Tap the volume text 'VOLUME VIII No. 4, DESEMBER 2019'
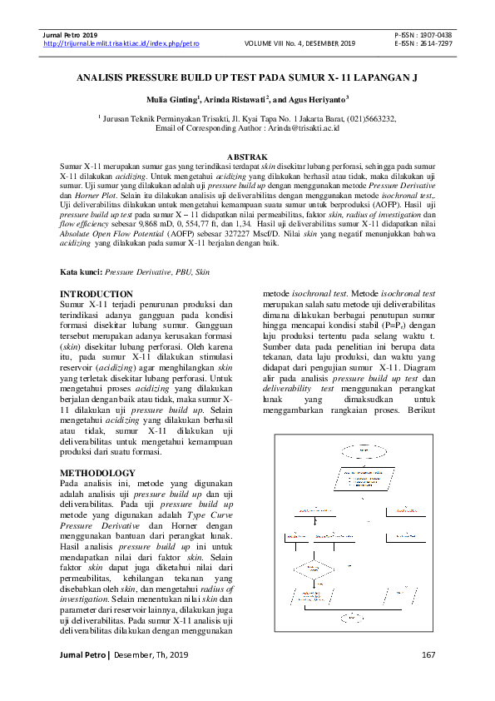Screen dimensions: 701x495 (x=299, y=42)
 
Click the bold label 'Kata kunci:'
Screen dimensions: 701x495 (x=81, y=272)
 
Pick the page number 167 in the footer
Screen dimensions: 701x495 (x=428, y=656)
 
